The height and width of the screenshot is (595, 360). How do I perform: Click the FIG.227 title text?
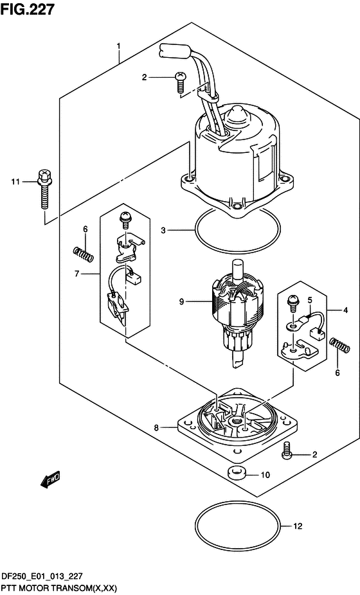tap(28, 9)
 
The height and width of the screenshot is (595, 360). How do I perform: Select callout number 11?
tap(15, 182)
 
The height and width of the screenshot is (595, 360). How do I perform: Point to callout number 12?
tap(298, 526)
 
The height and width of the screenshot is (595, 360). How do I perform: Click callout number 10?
tap(265, 475)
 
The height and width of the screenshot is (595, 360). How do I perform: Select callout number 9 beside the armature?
tap(181, 301)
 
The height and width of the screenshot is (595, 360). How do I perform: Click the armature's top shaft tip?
tap(237, 262)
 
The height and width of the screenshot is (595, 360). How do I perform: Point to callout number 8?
tap(156, 428)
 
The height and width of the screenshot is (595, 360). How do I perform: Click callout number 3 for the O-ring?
tap(163, 230)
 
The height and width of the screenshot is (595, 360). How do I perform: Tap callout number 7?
tap(77, 274)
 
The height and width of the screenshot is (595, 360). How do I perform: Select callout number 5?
tap(310, 301)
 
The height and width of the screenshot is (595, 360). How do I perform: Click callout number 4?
tap(345, 310)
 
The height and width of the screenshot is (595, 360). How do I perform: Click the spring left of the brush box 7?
tap(83, 254)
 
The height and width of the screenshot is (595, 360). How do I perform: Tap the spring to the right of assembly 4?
tap(339, 345)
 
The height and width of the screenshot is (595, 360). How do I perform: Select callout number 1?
tap(118, 46)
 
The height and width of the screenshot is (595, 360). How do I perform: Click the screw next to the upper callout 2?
tap(180, 82)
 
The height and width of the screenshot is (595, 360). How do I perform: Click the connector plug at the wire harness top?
tap(173, 51)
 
